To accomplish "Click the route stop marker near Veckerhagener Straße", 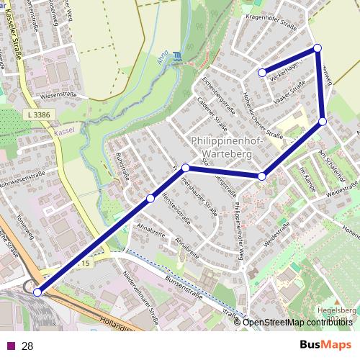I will coord(263,72).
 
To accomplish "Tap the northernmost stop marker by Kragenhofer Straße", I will coord(317,48).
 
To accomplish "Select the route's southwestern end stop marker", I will coord(37,292).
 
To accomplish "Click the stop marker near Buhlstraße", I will coord(150,198).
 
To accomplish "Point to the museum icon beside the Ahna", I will coord(178,56).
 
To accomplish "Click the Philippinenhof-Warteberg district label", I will coord(225,147).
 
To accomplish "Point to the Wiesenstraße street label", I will coord(59,95).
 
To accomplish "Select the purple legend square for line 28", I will coord(11,346).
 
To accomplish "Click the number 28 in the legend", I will coord(28,346).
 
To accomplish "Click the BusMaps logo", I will coord(325,345).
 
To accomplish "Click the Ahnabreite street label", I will coord(186,246).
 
